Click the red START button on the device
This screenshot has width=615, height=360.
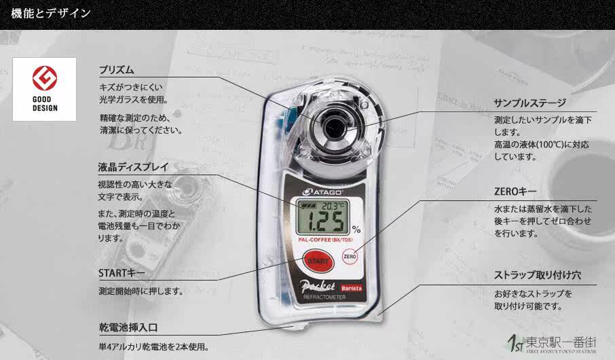pyautogui.click(x=318, y=261)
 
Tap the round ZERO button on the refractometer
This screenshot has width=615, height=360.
pyautogui.click(x=350, y=257)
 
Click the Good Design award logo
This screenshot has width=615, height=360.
pyautogui.click(x=44, y=89)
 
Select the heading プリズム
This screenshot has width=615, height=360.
pyautogui.click(x=116, y=70)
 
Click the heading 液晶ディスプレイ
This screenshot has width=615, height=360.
pyautogui.click(x=133, y=167)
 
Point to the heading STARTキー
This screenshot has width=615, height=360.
pyautogui.click(x=122, y=273)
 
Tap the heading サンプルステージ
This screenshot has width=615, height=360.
pyautogui.click(x=529, y=103)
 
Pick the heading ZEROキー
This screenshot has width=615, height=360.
pyautogui.click(x=515, y=192)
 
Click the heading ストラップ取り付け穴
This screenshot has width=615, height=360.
pyautogui.click(x=538, y=276)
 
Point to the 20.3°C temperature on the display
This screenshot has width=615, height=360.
pyautogui.click(x=333, y=205)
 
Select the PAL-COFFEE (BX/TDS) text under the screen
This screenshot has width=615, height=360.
pyautogui.click(x=323, y=239)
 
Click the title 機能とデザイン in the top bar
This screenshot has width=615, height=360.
pyautogui.click(x=50, y=13)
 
